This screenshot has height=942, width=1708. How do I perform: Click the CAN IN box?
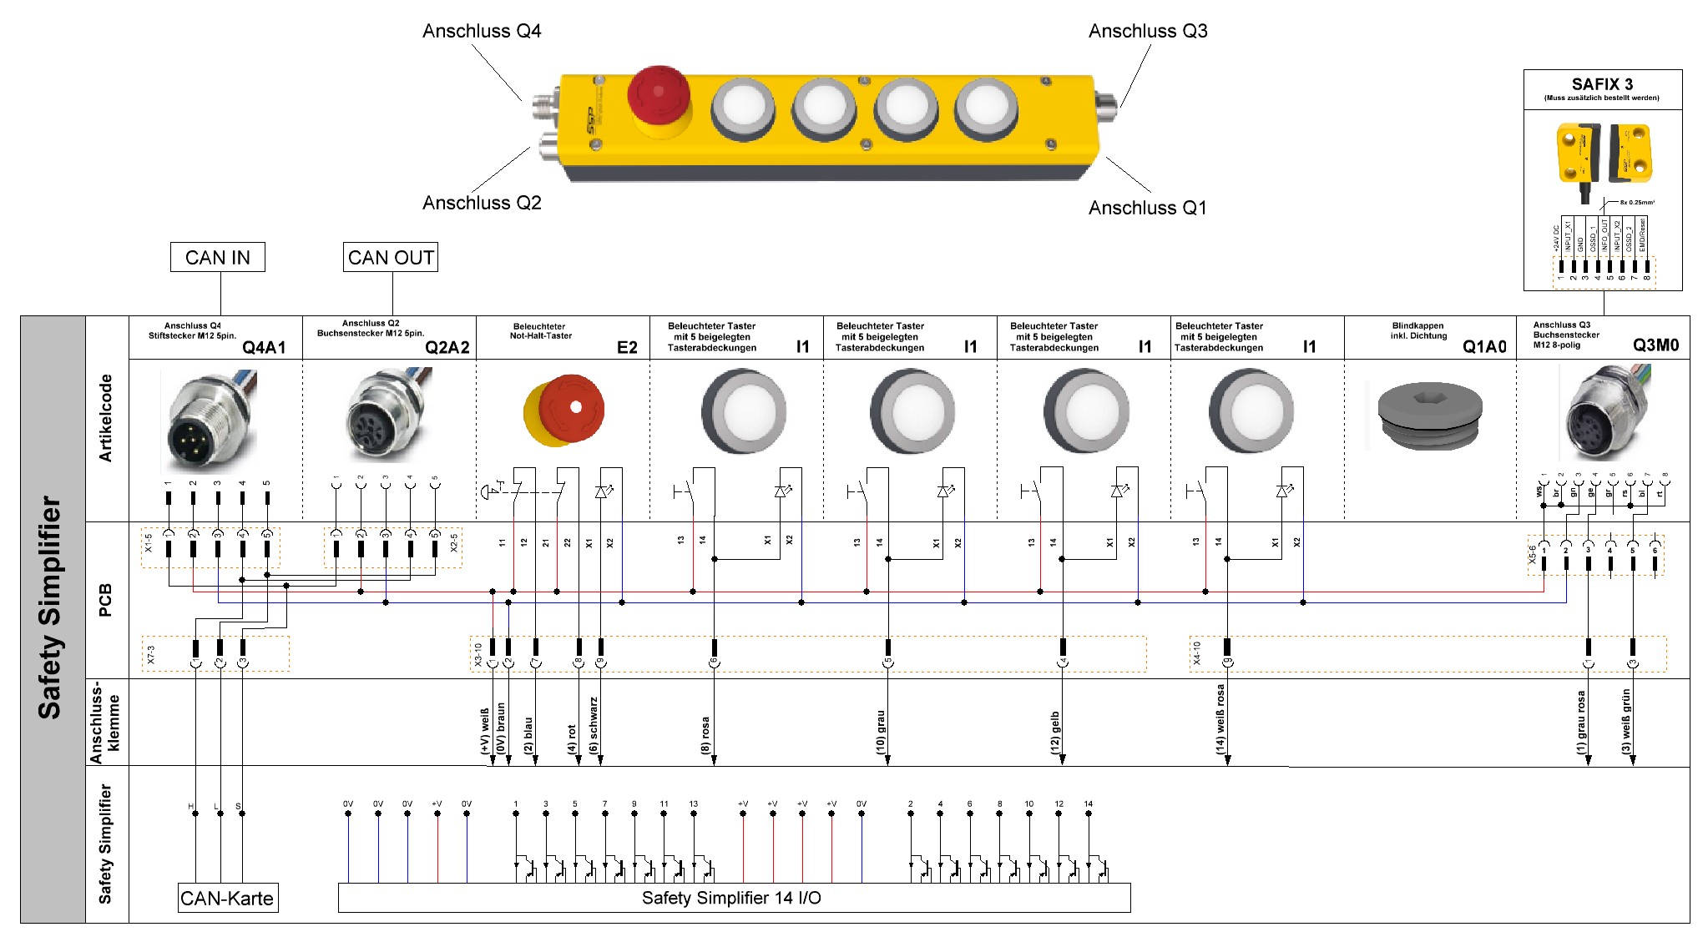(x=217, y=258)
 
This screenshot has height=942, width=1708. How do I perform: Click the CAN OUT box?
(x=391, y=258)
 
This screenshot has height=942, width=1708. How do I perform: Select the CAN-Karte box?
(x=227, y=899)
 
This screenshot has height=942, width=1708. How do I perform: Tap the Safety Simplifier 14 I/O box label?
(x=731, y=898)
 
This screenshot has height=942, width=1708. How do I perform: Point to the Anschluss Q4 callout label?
(x=482, y=32)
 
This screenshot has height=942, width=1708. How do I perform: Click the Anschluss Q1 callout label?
(x=1147, y=208)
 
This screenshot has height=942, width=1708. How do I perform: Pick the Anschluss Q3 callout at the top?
(x=1148, y=32)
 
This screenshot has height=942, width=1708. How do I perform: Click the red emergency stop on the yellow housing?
(x=658, y=93)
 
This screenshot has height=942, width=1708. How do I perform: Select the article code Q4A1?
(x=264, y=348)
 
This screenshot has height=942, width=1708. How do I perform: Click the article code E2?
(x=627, y=348)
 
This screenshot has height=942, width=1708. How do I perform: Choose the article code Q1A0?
(x=1484, y=347)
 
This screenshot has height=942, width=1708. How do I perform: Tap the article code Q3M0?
(x=1655, y=345)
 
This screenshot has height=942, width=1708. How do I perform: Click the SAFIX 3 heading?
(x=1602, y=84)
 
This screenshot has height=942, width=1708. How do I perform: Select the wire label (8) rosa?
(x=705, y=735)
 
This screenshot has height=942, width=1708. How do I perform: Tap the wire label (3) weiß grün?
(x=1625, y=722)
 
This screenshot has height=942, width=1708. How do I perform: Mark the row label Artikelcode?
(x=106, y=418)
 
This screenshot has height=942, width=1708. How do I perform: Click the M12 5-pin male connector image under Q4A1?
(x=209, y=421)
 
